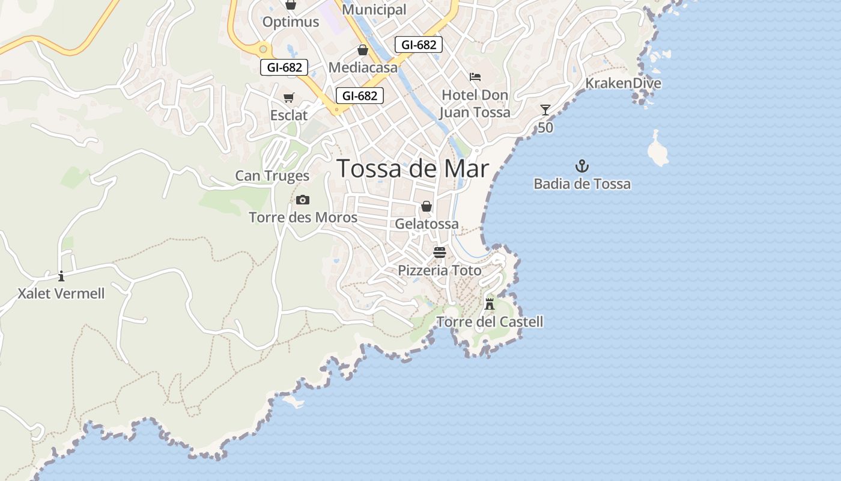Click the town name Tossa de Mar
point(413,168)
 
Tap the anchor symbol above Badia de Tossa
point(581,166)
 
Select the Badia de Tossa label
point(582,184)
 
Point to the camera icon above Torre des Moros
point(303,200)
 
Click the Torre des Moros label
point(303,218)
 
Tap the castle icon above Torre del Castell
point(490,304)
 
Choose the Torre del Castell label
point(490,322)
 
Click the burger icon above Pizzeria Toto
point(440,252)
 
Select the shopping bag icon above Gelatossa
point(427,207)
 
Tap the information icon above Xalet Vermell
point(61,276)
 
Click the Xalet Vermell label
point(61,294)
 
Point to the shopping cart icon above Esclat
point(289,97)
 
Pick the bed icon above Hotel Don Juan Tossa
point(475,77)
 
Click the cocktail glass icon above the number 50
point(545,110)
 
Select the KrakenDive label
point(623,84)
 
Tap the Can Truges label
point(272,176)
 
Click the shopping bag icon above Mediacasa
point(363,50)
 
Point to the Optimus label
point(291,22)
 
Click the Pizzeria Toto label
point(440,271)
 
